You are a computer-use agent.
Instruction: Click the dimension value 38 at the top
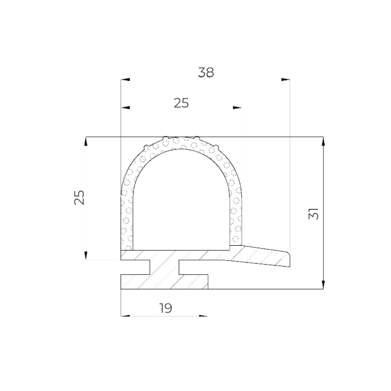pyautogui.click(x=206, y=73)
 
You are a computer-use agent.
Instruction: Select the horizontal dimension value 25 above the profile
pyautogui.click(x=181, y=103)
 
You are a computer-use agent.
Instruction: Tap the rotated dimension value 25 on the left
pyautogui.click(x=80, y=197)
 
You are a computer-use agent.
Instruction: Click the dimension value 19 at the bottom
pyautogui.click(x=166, y=308)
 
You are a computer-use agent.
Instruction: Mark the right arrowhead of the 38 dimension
pyautogui.click(x=286, y=79)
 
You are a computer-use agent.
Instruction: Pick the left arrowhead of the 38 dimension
pyautogui.click(x=125, y=79)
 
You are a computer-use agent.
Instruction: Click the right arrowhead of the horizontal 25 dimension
pyautogui.click(x=238, y=107)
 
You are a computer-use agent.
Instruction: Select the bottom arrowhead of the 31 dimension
pyautogui.click(x=323, y=284)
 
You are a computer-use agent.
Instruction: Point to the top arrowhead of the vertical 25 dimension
pyautogui.click(x=86, y=141)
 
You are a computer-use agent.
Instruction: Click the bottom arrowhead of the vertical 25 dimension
pyautogui.click(x=86, y=255)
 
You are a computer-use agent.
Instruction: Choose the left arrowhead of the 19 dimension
pyautogui.click(x=125, y=316)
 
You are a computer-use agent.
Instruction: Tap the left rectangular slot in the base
pyautogui.click(x=135, y=267)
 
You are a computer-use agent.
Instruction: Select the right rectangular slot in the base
pyautogui.click(x=194, y=267)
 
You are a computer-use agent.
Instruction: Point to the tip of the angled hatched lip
pyautogui.click(x=288, y=259)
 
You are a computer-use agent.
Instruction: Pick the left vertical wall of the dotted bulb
pyautogui.click(x=127, y=222)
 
